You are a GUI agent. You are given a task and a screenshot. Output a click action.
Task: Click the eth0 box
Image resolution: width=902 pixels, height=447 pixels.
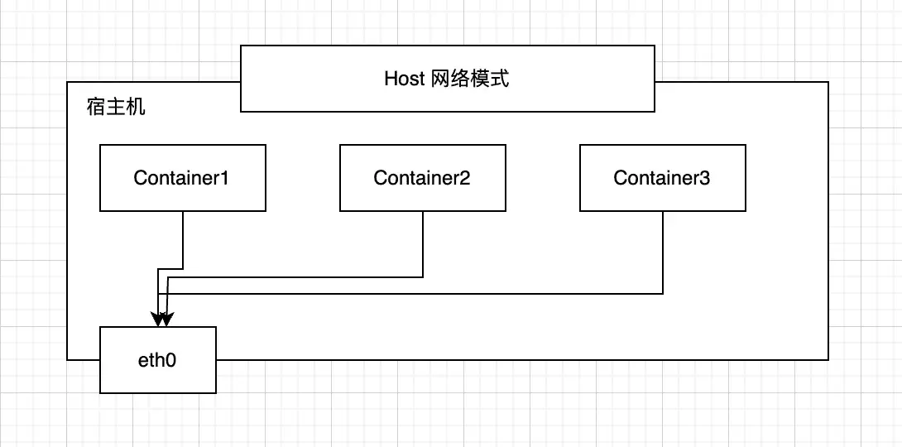click(158, 372)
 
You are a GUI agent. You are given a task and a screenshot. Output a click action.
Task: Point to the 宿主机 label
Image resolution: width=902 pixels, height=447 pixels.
click(116, 107)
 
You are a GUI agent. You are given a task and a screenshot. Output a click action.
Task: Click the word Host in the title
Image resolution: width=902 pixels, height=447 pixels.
click(405, 79)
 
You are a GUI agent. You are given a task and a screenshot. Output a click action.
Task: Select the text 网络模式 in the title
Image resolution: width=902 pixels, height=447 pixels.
click(470, 79)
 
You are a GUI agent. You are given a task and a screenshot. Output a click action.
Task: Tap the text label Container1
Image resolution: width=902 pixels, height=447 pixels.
click(181, 178)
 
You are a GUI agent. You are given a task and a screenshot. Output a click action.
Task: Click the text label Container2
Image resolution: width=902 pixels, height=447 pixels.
click(421, 178)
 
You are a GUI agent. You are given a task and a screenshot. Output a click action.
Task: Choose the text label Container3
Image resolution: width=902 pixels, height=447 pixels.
click(661, 178)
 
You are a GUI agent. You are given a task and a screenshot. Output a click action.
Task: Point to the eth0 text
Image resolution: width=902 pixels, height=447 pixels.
click(157, 360)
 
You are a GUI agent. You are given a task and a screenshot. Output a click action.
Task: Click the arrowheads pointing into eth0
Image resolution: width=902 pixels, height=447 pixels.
click(162, 319)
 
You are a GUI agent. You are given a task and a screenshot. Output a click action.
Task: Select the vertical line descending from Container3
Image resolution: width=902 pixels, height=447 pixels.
click(663, 252)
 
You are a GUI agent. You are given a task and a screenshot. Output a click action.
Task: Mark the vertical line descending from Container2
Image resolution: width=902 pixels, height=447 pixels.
click(423, 244)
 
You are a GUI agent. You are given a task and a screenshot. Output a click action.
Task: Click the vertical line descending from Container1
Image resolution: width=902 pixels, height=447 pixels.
click(183, 240)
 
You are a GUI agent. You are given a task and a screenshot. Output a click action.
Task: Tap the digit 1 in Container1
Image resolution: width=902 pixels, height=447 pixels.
click(224, 178)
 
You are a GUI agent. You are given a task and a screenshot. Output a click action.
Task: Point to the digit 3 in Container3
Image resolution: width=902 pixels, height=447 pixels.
click(704, 178)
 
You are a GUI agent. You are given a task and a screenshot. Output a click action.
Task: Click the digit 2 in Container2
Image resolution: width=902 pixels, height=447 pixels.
click(464, 178)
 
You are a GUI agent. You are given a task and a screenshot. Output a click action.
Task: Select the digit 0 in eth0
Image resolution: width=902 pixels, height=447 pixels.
click(173, 360)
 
